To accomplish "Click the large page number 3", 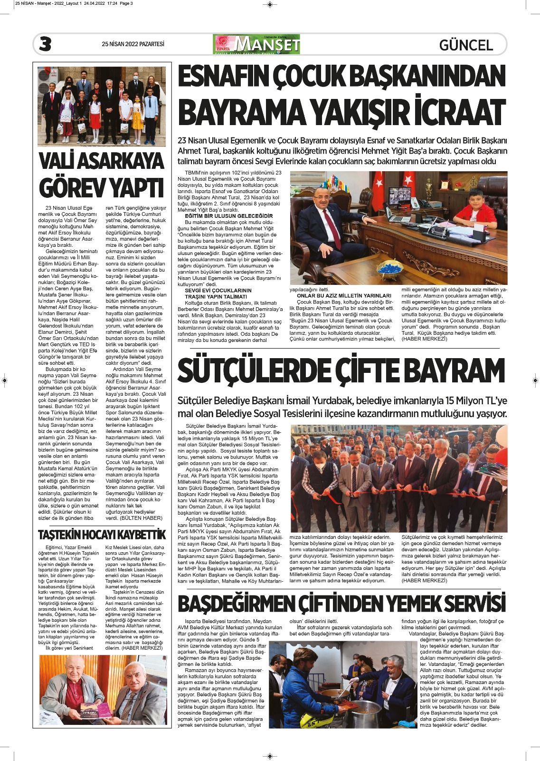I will [45, 44].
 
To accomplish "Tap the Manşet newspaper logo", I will [257, 44].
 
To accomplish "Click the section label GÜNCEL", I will [466, 45].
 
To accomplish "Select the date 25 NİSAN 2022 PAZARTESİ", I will [133, 44].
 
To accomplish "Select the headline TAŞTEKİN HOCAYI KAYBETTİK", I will [102, 535].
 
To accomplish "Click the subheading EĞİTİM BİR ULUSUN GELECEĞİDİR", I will [229, 216].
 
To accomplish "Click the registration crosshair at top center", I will [270, 4].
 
